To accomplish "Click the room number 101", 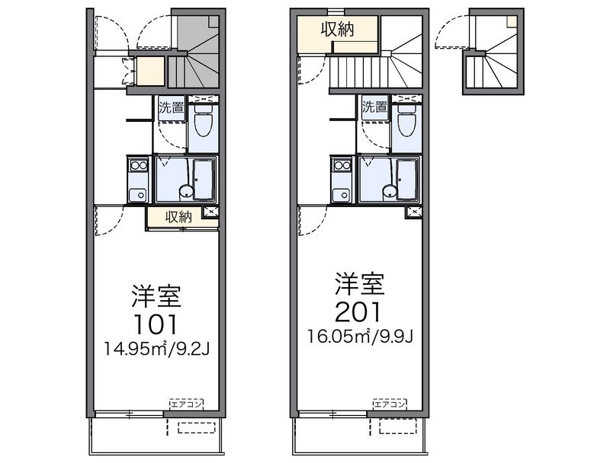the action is pos(156,324).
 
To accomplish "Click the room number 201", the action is pos(358,312).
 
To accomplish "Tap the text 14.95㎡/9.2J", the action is pos(156,350).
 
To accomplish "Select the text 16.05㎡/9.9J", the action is pos(360,337).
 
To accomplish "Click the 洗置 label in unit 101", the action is pos(171,107).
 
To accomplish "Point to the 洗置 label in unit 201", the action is pos(375,106).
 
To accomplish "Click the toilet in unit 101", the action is pos(203,121).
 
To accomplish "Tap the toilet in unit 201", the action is pos(406,121).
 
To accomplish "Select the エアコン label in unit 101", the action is pos(187,404).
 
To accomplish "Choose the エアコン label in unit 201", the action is pos(390,404).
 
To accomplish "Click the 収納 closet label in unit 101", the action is pos(178,217).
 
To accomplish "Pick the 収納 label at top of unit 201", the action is pos(338,29).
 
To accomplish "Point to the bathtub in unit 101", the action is pos(203,179).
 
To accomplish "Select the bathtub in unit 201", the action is pos(407,179).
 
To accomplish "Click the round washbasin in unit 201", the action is pos(390,191).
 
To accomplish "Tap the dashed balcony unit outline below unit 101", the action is pos(197,428).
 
